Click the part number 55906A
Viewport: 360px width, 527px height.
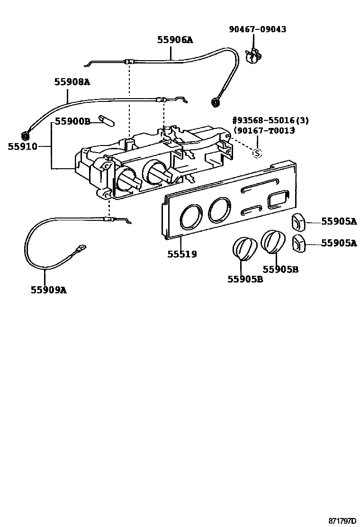[175, 40]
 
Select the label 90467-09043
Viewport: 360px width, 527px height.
[258, 29]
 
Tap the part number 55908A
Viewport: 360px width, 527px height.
[72, 82]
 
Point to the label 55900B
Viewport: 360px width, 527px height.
[72, 121]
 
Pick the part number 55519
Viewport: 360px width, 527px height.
[182, 254]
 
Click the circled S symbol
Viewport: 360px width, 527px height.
[257, 153]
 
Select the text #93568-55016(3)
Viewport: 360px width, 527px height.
[270, 120]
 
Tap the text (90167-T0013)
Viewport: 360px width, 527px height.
[264, 130]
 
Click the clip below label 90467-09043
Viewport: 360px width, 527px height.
[254, 56]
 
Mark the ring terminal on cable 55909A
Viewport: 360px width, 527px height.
[81, 247]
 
